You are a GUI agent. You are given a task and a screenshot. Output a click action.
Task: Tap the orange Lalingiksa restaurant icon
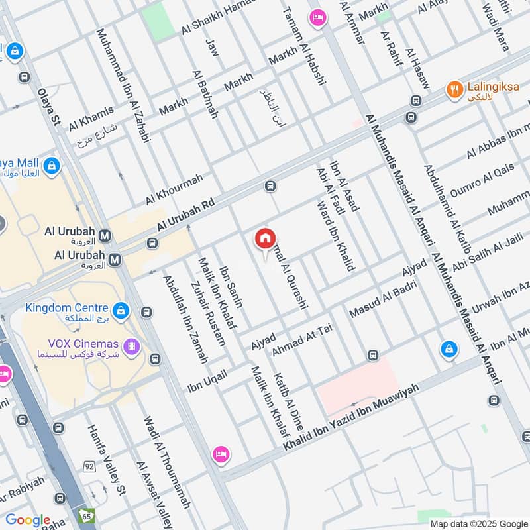point(454,89)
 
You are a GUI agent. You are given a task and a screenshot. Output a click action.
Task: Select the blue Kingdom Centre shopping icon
point(121,310)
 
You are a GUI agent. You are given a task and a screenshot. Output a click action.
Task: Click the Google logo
point(28,520)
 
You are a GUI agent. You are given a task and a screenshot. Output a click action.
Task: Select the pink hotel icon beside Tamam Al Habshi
point(317,18)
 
